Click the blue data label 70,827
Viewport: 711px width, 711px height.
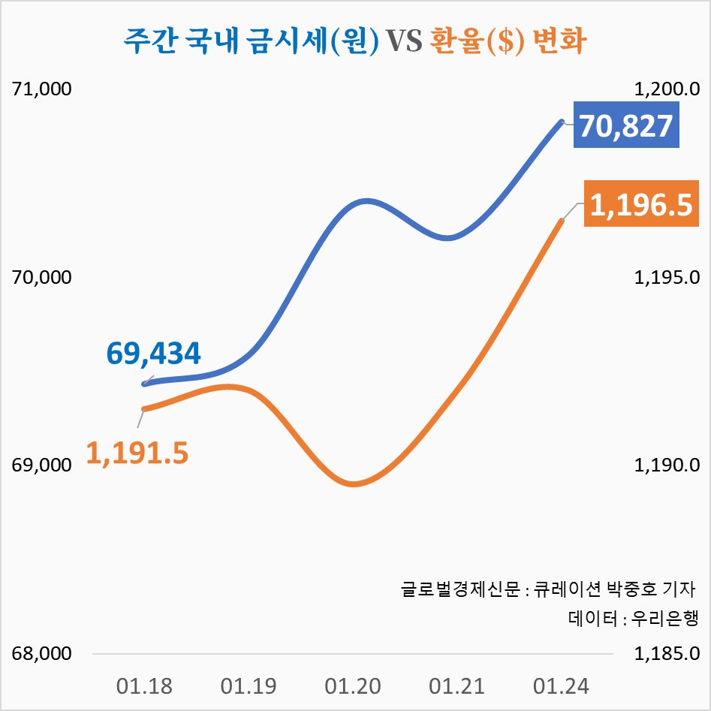pos(625,125)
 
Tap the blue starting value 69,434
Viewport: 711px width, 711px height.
pos(154,353)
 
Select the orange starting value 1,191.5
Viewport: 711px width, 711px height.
pos(137,453)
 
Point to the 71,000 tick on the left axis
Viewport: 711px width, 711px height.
pos(42,89)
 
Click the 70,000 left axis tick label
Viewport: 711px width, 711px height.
pos(42,278)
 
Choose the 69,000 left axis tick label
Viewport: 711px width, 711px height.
pos(42,465)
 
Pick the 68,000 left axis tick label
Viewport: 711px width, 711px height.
pos(42,653)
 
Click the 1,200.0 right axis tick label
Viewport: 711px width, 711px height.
pos(668,89)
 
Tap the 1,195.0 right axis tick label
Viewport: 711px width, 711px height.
pos(668,278)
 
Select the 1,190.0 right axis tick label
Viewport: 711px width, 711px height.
pos(668,465)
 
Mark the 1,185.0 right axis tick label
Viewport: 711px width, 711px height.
pos(668,653)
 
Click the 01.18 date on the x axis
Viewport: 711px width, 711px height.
pos(144,686)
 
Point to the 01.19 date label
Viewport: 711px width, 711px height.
pos(249,686)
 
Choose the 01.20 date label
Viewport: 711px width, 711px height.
pos(353,686)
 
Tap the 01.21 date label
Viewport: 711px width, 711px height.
pos(457,686)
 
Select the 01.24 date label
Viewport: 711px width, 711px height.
pos(562,686)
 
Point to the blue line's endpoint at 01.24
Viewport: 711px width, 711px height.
pos(561,121)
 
